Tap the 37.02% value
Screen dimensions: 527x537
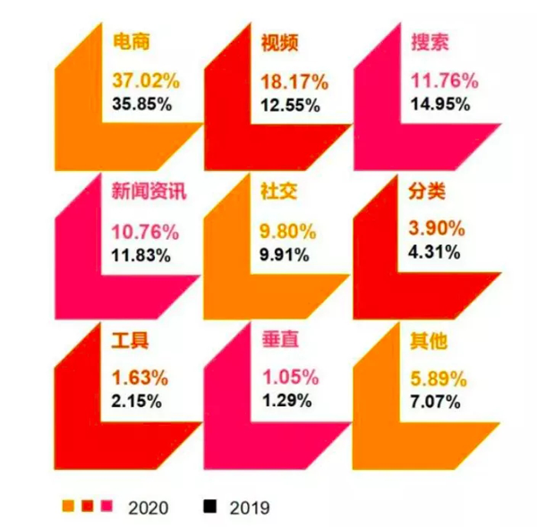(x=146, y=81)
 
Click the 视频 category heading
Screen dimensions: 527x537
(x=279, y=42)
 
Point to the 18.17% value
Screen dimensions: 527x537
(x=294, y=81)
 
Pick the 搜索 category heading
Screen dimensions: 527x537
(x=430, y=42)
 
